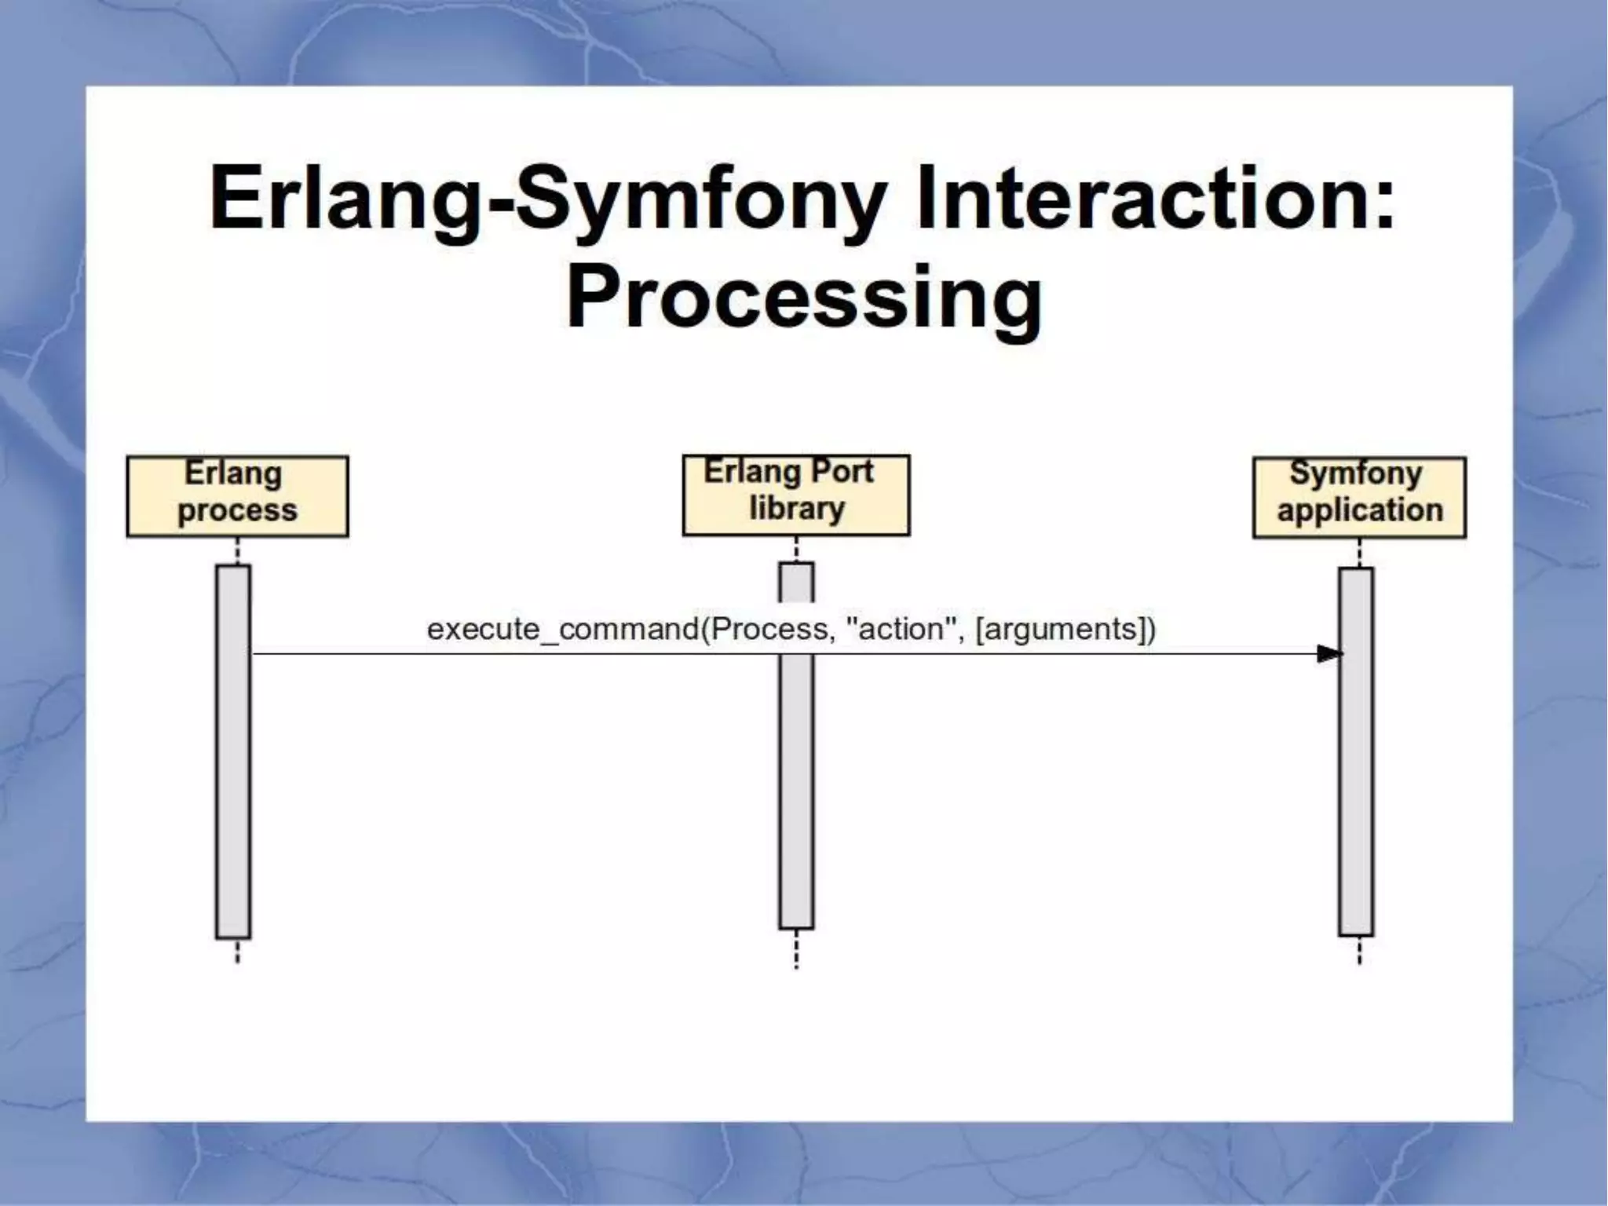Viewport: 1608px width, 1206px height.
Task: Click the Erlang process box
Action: click(x=237, y=495)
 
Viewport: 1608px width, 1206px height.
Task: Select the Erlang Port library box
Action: click(x=795, y=495)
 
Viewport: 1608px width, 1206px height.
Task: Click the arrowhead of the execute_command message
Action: click(x=1330, y=653)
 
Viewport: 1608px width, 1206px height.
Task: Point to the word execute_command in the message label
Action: click(x=562, y=630)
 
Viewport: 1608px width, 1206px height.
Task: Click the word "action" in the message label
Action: click(x=901, y=629)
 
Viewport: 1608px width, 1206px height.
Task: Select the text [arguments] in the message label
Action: click(x=1061, y=630)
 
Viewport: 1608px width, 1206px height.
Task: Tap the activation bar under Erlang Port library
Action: click(x=796, y=785)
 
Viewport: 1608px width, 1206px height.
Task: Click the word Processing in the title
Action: click(x=804, y=298)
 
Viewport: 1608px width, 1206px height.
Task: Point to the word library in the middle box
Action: click(x=796, y=509)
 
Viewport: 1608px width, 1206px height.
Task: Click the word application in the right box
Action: click(x=1360, y=510)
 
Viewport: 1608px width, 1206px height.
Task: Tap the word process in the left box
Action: click(x=237, y=511)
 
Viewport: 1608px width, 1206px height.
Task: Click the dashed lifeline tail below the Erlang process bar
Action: click(x=237, y=951)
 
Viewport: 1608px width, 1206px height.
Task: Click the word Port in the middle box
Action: click(x=841, y=471)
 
